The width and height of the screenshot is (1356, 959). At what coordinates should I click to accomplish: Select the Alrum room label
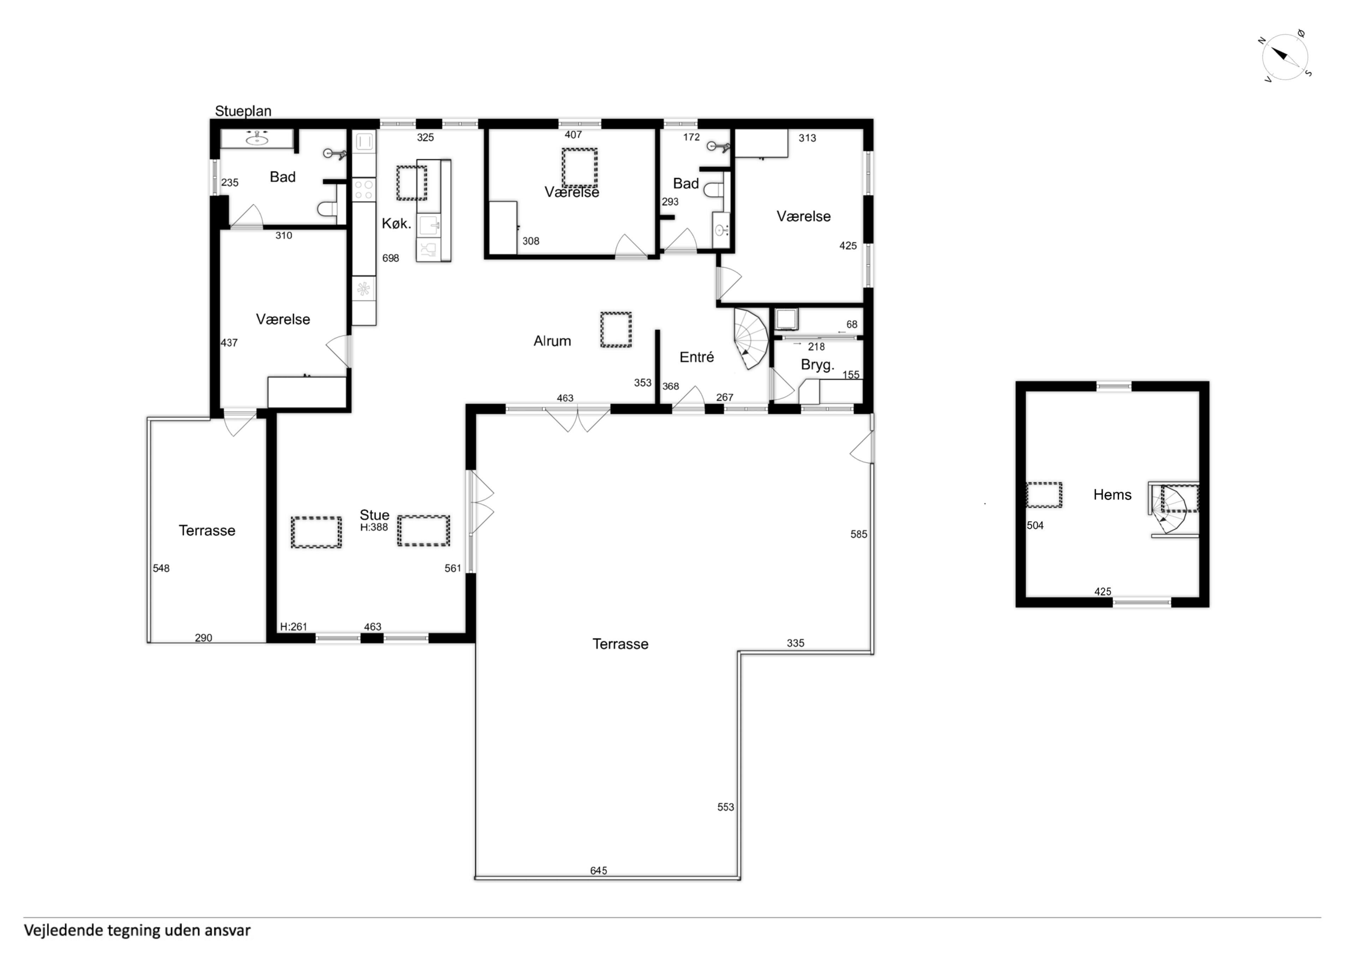552,341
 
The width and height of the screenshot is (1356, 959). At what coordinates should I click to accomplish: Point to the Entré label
697,357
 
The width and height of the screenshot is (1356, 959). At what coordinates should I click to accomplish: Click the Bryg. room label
817,365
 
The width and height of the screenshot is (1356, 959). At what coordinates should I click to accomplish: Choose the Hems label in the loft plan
1112,495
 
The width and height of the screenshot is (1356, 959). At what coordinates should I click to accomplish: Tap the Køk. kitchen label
396,223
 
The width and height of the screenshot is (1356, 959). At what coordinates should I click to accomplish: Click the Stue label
374,515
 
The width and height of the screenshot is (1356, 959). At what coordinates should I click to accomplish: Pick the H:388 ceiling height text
374,527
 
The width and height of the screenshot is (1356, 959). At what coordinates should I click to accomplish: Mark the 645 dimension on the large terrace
598,870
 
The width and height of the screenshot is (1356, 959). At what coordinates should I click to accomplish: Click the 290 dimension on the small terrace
203,638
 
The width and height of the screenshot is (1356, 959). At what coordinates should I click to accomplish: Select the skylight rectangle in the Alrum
616,330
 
